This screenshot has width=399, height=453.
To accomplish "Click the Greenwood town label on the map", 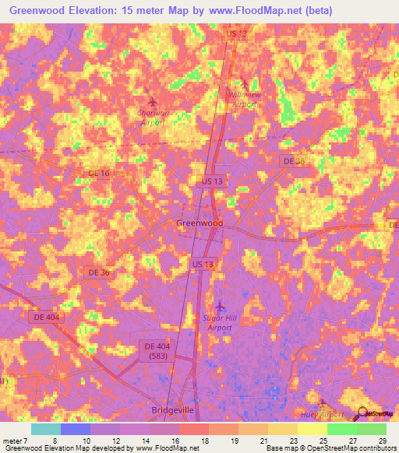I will pyautogui.click(x=199, y=223).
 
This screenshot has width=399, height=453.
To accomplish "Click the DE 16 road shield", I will pyautogui.click(x=99, y=174).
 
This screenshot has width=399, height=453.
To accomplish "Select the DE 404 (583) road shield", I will pyautogui.click(x=161, y=350).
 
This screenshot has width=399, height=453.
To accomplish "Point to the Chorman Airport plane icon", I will pyautogui.click(x=152, y=102).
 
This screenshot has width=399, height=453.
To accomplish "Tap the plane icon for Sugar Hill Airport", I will pyautogui.click(x=220, y=304).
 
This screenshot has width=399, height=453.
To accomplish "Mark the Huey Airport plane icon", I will pyautogui.click(x=322, y=403).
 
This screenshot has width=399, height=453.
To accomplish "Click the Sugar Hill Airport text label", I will pyautogui.click(x=220, y=323).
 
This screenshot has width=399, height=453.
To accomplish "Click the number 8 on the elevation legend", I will pyautogui.click(x=55, y=441).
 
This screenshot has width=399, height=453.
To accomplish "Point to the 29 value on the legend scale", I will pyautogui.click(x=383, y=441).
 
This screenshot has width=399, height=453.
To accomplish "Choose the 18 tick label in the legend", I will pyautogui.click(x=205, y=441).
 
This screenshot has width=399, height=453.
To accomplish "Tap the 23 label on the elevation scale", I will pyautogui.click(x=294, y=441).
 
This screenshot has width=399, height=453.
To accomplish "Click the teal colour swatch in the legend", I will pyautogui.click(x=46, y=429).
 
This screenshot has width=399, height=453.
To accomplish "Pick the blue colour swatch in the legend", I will pyautogui.click(x=76, y=429).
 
